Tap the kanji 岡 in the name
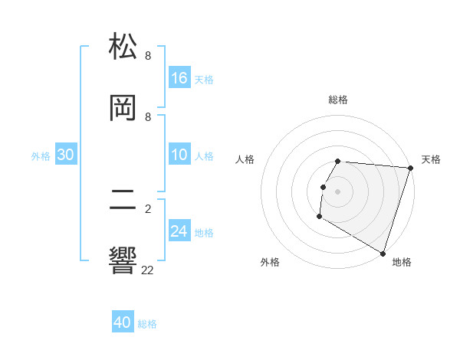point(123,108)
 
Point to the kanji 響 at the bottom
point(123,260)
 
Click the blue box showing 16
point(179,78)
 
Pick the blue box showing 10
point(179,155)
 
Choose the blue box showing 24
point(179,231)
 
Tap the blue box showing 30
point(66,155)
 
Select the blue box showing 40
point(123,323)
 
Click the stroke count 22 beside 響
point(148,270)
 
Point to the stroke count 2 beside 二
point(148,208)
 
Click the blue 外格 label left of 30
point(41,156)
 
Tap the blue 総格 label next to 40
point(147,324)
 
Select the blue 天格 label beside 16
point(204,79)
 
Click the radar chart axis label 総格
point(338,100)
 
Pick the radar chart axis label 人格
point(245,159)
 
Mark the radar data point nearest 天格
point(410,168)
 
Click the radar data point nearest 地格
point(383,253)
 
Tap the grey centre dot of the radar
point(338,191)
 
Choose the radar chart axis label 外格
point(270,262)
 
